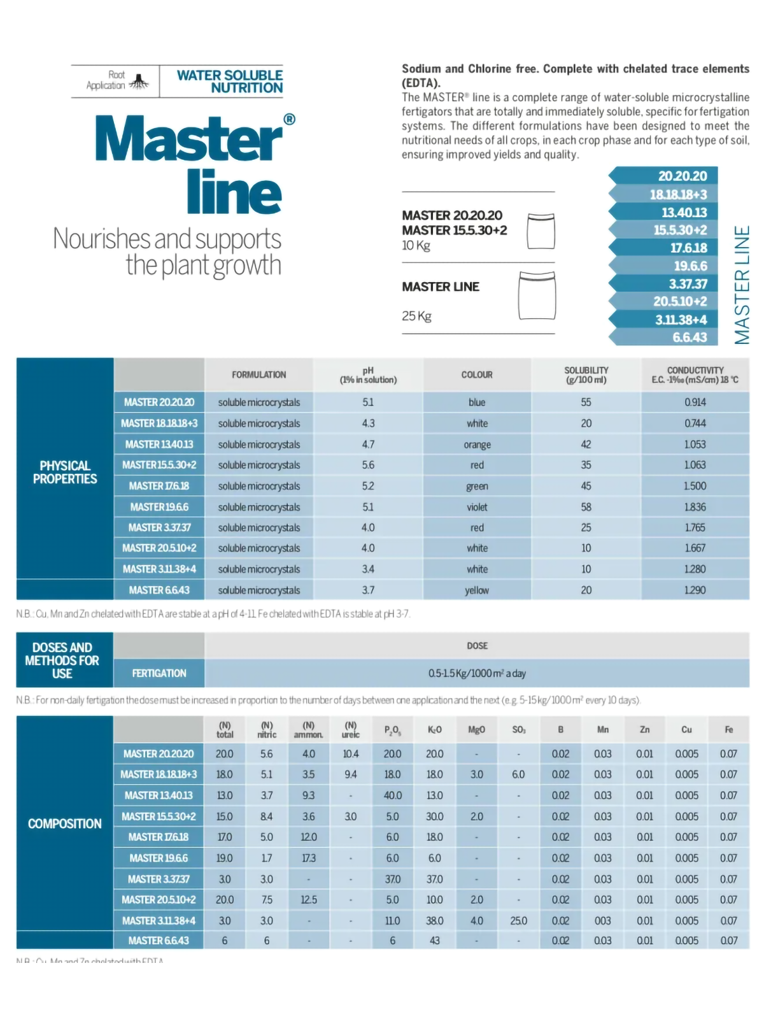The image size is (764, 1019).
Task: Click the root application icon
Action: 139,82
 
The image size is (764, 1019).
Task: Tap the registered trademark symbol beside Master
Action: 289,119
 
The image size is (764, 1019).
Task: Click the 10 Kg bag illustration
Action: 541,231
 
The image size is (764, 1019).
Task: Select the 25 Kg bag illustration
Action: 537,296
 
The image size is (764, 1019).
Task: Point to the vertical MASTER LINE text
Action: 742,285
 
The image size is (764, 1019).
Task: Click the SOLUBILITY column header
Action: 586,374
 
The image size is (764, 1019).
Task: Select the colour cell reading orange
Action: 477,445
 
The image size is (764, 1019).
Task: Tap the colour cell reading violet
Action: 477,507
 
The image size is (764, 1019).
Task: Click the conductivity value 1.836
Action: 695,507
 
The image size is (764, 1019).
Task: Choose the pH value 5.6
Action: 368,465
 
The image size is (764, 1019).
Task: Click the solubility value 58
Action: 586,507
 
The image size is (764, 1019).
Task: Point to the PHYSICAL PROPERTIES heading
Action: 65,472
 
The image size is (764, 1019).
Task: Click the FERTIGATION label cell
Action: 159,673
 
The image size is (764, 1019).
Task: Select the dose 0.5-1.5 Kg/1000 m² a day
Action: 477,673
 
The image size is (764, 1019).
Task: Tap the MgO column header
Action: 476,729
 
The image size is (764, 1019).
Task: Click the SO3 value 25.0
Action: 518,920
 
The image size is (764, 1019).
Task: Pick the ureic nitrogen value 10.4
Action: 351,753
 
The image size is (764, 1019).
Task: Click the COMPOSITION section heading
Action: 65,823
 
